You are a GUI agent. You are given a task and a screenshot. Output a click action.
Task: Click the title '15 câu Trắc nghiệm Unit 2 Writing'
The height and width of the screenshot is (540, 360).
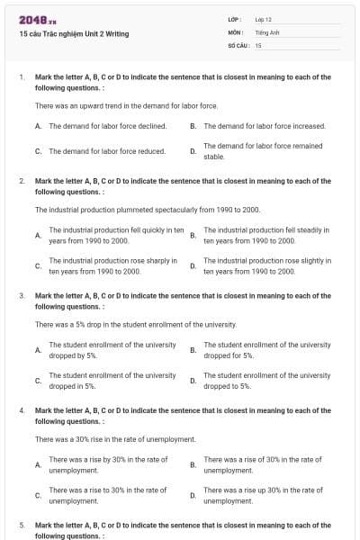pyautogui.click(x=74, y=34)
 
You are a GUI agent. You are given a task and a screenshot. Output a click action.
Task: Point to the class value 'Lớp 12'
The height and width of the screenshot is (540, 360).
pyautogui.click(x=264, y=19)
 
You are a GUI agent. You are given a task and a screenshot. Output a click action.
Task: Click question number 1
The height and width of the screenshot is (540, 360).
pyautogui.click(x=22, y=77)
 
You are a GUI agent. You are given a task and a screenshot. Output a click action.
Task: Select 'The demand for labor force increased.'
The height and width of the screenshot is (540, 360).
pyautogui.click(x=265, y=126)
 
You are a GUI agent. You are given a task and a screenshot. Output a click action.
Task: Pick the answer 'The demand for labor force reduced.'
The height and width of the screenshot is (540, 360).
pyautogui.click(x=107, y=151)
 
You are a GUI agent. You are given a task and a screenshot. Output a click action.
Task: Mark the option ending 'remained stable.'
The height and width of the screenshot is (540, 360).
pyautogui.click(x=263, y=150)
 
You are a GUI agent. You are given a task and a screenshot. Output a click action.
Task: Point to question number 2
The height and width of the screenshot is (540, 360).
pyautogui.click(x=22, y=181)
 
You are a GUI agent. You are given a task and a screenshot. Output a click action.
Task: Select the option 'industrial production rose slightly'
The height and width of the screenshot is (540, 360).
pyautogui.click(x=267, y=265)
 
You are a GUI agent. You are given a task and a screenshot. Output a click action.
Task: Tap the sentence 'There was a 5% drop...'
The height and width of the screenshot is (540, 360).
pyautogui.click(x=136, y=324)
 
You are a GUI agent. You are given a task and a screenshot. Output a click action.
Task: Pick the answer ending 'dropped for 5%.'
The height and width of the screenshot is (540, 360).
pyautogui.click(x=267, y=350)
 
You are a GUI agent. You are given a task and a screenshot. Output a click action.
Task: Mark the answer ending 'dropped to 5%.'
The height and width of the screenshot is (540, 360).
pyautogui.click(x=267, y=381)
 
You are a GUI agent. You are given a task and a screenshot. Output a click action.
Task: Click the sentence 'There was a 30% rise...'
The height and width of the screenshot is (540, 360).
pyautogui.click(x=115, y=439)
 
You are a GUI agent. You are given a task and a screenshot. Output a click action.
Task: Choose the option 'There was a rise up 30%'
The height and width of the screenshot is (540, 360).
pyautogui.click(x=263, y=495)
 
